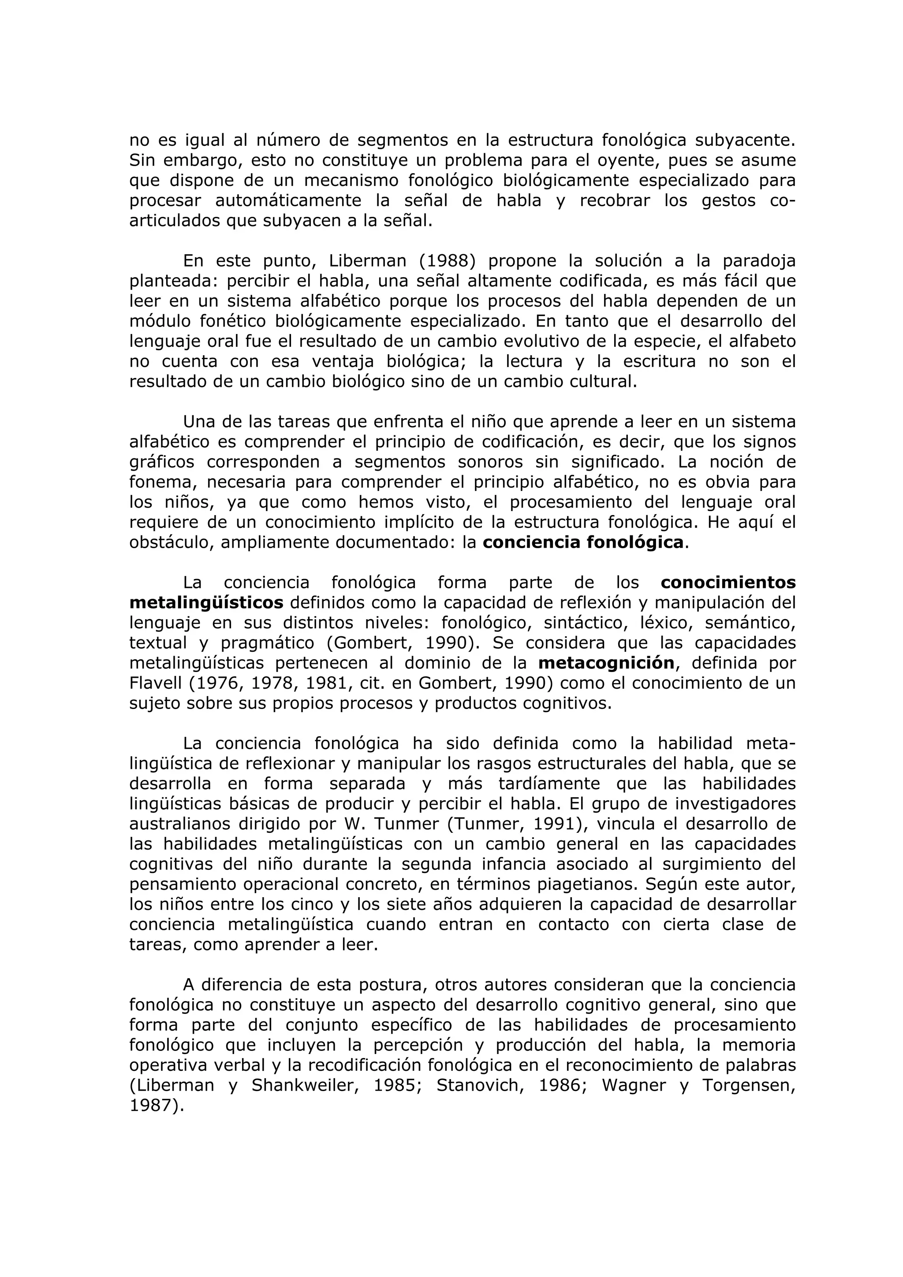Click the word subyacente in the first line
(x=745, y=140)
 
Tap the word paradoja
(x=759, y=261)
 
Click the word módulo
(x=157, y=321)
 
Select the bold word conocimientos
(x=728, y=583)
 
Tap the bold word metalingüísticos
(x=206, y=602)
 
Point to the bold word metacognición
(x=606, y=663)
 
